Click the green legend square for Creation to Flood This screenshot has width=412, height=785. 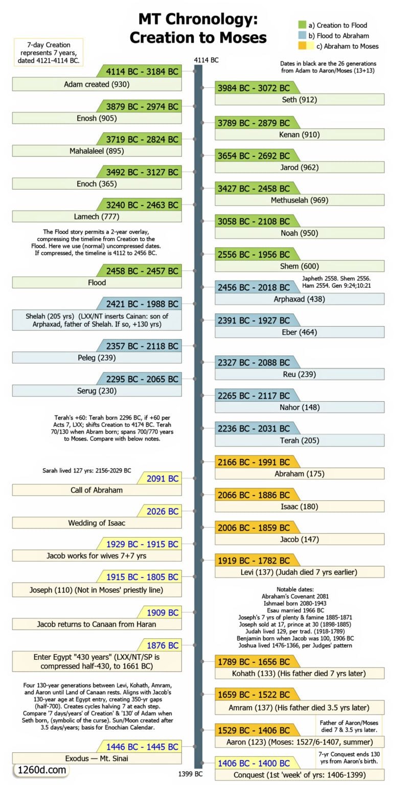pyautogui.click(x=302, y=25)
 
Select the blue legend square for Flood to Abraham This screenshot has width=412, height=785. pyautogui.click(x=302, y=35)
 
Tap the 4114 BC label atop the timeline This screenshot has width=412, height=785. pyautogui.click(x=206, y=60)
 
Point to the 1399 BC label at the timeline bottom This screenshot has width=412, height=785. pyautogui.click(x=190, y=774)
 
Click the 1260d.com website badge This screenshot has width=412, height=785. pyautogui.click(x=42, y=770)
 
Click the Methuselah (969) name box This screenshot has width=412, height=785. pyautogui.click(x=300, y=200)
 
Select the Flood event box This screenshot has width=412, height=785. pyautogui.click(x=97, y=283)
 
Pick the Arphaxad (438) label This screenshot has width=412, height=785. pyautogui.click(x=300, y=299)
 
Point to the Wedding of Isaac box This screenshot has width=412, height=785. pyautogui.click(x=97, y=523)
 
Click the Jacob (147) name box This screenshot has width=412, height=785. pyautogui.click(x=300, y=539)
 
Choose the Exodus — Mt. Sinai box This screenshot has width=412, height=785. pyautogui.click(x=97, y=758)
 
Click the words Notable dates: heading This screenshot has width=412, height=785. pyautogui.click(x=295, y=589)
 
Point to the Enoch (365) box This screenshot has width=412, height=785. pyautogui.click(x=97, y=183)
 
